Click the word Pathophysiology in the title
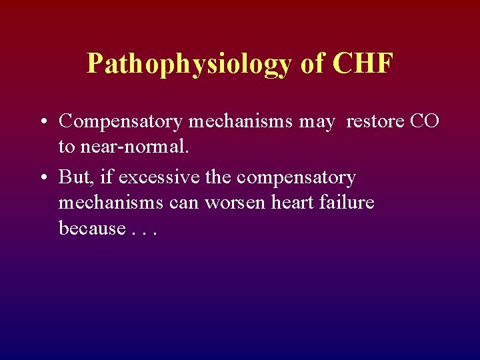189,65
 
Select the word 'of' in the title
313,63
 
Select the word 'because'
92,228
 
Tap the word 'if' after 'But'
105,177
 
